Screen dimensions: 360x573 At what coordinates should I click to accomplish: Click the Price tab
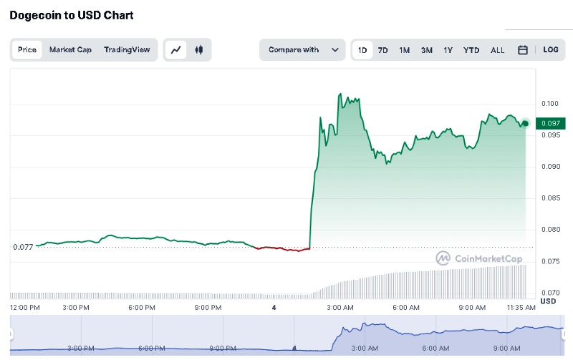tap(27, 50)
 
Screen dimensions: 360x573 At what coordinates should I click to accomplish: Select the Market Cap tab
tap(70, 50)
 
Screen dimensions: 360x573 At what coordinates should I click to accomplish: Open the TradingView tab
tap(127, 50)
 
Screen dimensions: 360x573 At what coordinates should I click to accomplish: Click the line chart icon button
tap(176, 50)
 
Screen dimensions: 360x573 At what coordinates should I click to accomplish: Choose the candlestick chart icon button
tap(198, 50)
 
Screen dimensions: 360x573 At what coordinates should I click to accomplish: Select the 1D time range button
tap(362, 50)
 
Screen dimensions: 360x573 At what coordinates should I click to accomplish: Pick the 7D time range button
tap(383, 50)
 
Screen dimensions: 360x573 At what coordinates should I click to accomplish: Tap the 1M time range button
tap(405, 50)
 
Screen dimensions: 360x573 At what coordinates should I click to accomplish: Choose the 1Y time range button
tap(448, 50)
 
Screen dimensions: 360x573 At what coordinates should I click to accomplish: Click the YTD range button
tap(471, 50)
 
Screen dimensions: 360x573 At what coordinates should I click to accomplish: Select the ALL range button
tap(498, 50)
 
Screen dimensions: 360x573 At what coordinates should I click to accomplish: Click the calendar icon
tap(523, 50)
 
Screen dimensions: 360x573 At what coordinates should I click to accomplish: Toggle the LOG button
tap(551, 50)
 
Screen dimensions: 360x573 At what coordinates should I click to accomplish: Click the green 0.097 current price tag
tap(550, 124)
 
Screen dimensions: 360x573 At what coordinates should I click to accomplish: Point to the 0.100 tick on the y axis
tap(549, 104)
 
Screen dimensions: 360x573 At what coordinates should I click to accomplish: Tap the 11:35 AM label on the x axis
tap(520, 308)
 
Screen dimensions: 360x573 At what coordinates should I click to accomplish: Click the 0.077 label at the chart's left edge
tap(23, 247)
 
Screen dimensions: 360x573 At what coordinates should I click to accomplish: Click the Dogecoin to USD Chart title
tap(72, 15)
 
